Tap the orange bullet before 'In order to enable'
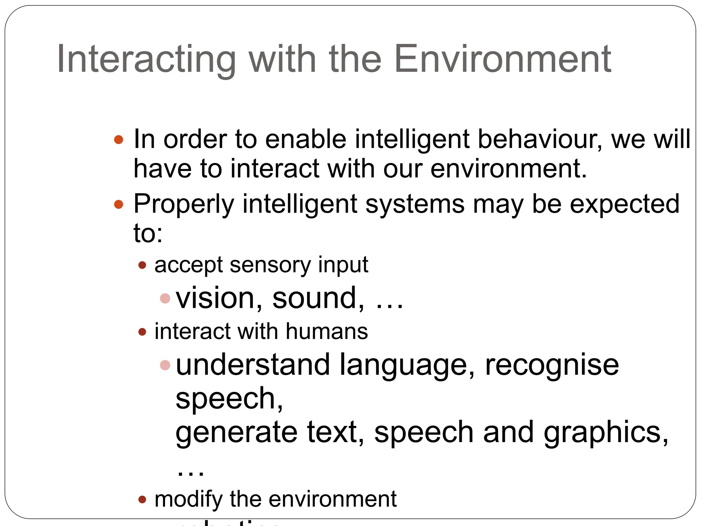pyautogui.click(x=118, y=140)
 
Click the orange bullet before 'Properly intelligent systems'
pyautogui.click(x=118, y=204)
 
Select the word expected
pyautogui.click(x=625, y=204)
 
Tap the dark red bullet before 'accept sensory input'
pyautogui.click(x=142, y=265)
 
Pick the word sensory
pyautogui.click(x=270, y=265)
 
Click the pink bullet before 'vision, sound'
pyautogui.click(x=165, y=298)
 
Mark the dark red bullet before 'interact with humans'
pyautogui.click(x=142, y=331)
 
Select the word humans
pyautogui.click(x=327, y=331)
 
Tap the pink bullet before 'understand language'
pyautogui.click(x=165, y=365)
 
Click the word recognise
pyautogui.click(x=552, y=365)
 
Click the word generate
pyautogui.click(x=236, y=433)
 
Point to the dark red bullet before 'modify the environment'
pyautogui.click(x=142, y=499)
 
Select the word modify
pyautogui.click(x=188, y=499)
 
